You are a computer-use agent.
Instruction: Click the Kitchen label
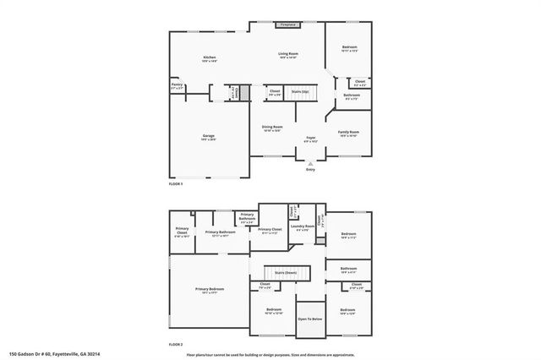209,57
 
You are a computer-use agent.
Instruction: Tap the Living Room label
289,54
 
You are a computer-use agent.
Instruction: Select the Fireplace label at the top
288,25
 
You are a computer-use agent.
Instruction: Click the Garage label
208,136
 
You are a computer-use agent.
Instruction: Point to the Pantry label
177,85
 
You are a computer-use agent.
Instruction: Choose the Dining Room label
272,127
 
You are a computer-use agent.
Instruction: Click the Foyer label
311,137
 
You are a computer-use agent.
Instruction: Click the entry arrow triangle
311,163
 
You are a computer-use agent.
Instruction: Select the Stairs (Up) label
299,90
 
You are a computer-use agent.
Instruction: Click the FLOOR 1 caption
176,183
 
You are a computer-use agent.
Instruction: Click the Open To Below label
309,319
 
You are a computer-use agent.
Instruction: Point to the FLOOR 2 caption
176,345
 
